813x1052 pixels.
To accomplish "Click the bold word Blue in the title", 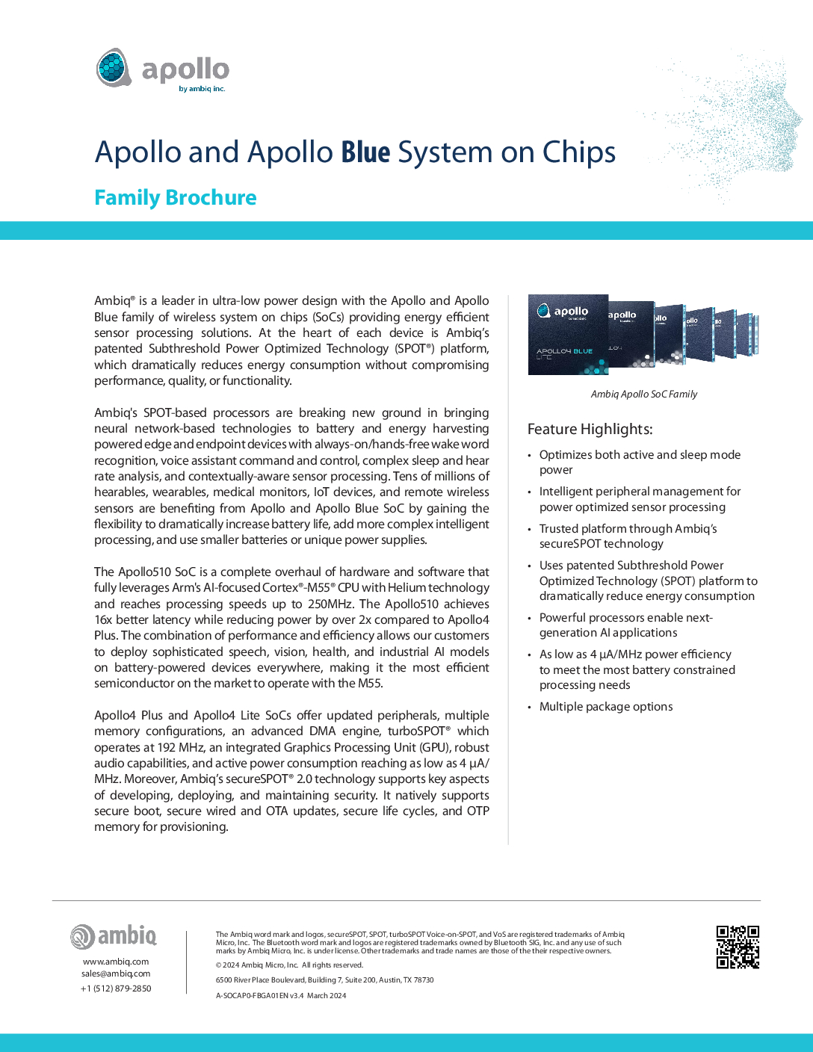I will [x=365, y=152].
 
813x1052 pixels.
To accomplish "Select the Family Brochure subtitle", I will [x=175, y=197].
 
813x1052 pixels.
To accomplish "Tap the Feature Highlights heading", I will [x=590, y=429].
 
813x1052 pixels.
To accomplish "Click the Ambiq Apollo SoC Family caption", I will [x=643, y=394].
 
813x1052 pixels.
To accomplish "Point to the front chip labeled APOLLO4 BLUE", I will [x=568, y=335].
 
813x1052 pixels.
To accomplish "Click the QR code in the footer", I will [x=738, y=947].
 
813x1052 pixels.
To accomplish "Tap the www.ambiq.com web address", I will [x=116, y=962].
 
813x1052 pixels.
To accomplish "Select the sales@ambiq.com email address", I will [x=116, y=974].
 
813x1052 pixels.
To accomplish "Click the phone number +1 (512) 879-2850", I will [x=116, y=988].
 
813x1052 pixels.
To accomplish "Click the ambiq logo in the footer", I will [x=114, y=936].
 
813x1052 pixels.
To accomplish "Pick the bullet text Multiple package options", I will [x=606, y=707].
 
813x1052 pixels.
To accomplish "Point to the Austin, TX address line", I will [x=324, y=980].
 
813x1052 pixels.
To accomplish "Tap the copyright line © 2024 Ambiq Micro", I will [x=289, y=965].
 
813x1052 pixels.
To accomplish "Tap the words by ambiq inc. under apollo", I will [x=202, y=89].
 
